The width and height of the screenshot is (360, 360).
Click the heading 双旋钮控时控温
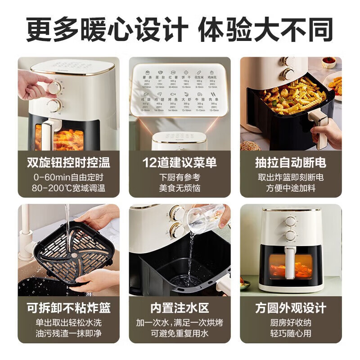click(69, 162)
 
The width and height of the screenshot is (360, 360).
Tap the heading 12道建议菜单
click(180, 162)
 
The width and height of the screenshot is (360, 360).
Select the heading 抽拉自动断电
click(290, 162)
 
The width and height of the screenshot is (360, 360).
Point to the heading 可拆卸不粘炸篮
click(69, 308)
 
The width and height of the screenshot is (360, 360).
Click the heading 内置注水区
click(180, 308)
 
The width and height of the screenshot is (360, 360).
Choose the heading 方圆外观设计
click(290, 308)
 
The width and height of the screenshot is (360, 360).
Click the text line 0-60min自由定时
click(69, 177)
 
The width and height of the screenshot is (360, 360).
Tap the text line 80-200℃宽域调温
click(69, 188)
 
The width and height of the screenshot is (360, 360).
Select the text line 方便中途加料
click(290, 188)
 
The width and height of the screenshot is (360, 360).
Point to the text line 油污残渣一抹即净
click(69, 334)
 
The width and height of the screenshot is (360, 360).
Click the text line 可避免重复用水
click(180, 334)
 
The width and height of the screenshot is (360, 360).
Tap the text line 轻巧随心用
click(290, 334)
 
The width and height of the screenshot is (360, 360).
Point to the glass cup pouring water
click(205, 218)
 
